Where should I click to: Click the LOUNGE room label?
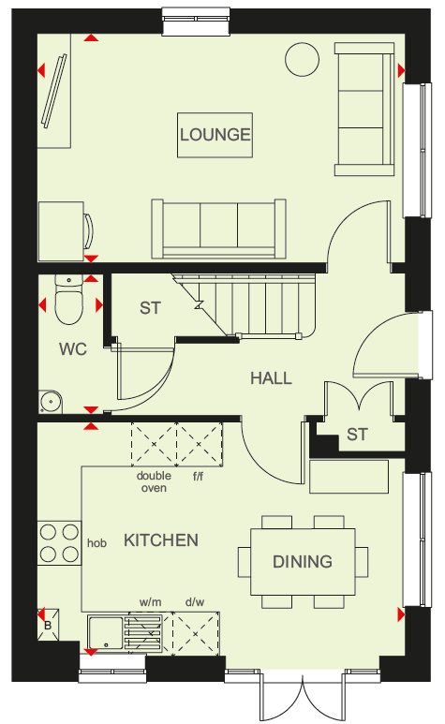click(x=215, y=135)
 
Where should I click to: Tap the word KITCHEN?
click(x=161, y=540)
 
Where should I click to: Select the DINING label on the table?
click(x=303, y=561)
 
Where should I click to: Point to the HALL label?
click(x=271, y=378)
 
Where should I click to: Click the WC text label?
click(x=73, y=349)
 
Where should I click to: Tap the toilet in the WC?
click(x=68, y=299)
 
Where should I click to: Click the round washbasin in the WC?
click(x=51, y=402)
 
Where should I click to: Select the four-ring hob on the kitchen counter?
click(x=60, y=543)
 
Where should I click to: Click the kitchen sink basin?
click(x=106, y=632)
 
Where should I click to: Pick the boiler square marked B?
click(x=48, y=626)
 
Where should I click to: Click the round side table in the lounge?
click(x=303, y=60)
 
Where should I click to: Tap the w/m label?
click(x=151, y=602)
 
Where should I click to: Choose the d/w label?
click(x=195, y=602)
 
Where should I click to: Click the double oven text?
click(x=154, y=481)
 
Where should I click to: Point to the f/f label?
click(x=198, y=476)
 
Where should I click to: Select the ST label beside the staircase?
click(x=151, y=308)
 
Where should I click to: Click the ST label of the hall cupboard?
click(x=357, y=435)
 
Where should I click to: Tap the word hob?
click(x=96, y=543)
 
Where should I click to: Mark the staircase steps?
click(x=249, y=304)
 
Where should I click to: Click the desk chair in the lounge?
click(x=89, y=230)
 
